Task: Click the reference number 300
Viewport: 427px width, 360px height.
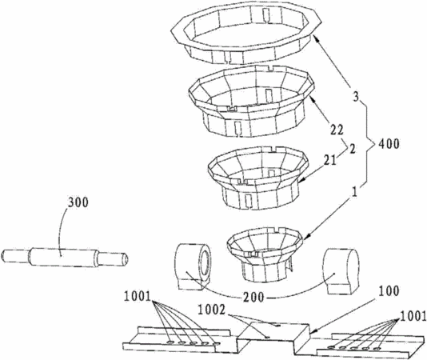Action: [78, 202]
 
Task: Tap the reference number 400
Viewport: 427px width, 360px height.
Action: [388, 144]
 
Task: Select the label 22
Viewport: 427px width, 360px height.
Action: [337, 130]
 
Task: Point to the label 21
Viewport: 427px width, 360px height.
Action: [329, 161]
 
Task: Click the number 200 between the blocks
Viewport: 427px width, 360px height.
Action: [253, 297]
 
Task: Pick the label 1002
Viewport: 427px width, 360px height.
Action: [212, 310]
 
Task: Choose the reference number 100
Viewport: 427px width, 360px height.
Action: [389, 291]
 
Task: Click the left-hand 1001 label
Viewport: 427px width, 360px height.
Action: [138, 297]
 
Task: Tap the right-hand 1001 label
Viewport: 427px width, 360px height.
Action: [413, 316]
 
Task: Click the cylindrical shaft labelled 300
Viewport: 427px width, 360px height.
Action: [65, 257]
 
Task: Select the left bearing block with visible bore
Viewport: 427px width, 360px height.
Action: [192, 266]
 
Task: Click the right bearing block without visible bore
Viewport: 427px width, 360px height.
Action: [341, 271]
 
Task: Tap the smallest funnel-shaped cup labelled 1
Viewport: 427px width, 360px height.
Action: [265, 254]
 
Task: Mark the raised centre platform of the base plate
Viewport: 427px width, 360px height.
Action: [273, 333]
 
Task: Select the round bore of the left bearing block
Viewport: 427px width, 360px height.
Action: [205, 262]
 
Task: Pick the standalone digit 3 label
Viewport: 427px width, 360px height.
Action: [356, 98]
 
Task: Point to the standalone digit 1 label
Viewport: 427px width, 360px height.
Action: [354, 192]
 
